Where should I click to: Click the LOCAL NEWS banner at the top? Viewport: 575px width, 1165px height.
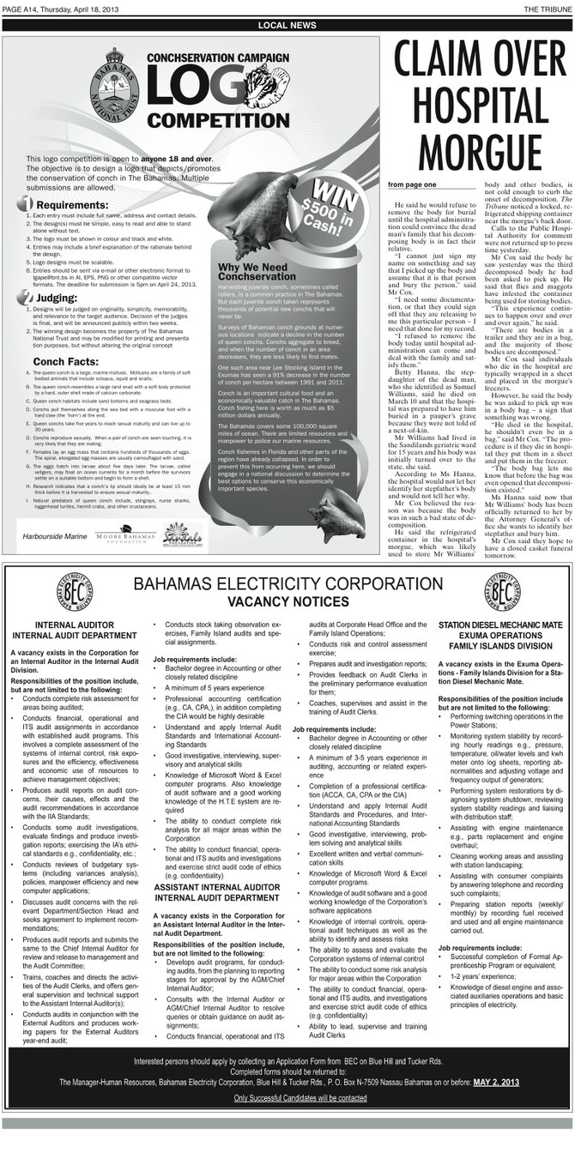(287, 26)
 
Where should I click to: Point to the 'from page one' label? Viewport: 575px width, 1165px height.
(412, 184)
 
